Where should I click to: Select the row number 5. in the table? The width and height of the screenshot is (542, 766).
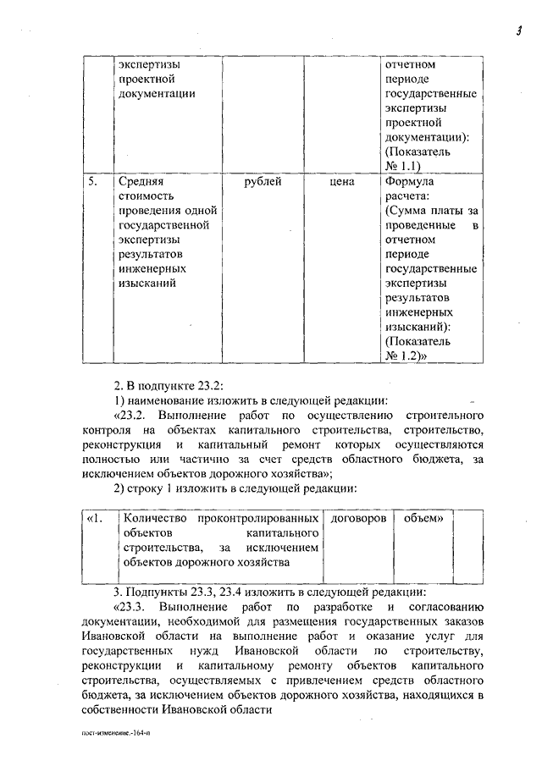[x=95, y=181]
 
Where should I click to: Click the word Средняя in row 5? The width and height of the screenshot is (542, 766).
[x=141, y=181]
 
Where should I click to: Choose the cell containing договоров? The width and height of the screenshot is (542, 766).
[x=359, y=516]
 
